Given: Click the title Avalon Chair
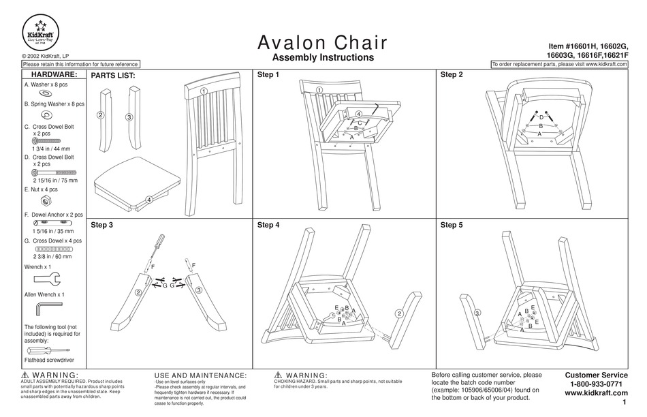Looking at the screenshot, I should (323, 42).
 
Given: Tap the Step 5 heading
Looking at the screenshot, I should (452, 224).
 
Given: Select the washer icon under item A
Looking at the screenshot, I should (46, 93).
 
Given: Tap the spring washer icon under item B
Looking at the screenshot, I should (46, 114).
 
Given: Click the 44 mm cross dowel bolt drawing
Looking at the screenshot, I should (47, 140).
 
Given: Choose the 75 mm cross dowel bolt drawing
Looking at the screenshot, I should (53, 172).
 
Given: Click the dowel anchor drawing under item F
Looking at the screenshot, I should (48, 223).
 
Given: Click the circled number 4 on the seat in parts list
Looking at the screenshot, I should (148, 200).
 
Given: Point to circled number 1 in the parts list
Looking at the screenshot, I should (204, 91).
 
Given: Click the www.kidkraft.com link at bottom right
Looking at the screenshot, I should (596, 393).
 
